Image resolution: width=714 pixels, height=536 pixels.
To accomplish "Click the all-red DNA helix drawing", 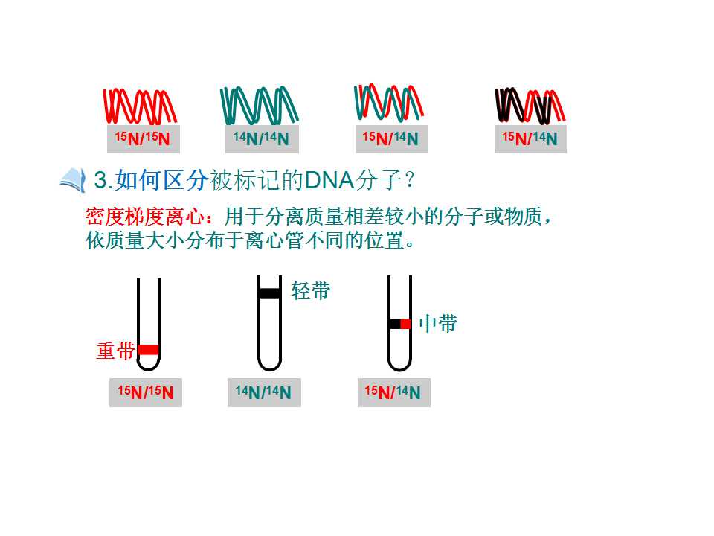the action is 139,106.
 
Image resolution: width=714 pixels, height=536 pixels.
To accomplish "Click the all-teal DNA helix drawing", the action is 260,105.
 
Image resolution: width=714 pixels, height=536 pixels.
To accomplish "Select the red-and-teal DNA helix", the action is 388,103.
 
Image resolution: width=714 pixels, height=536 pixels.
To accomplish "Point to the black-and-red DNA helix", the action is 530,106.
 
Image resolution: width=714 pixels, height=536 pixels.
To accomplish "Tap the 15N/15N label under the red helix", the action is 143,138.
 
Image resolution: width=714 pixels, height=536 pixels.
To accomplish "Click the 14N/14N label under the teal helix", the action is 262,138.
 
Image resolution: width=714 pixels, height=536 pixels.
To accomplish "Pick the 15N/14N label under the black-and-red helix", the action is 530,138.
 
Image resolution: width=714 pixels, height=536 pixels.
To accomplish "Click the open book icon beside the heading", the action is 73,180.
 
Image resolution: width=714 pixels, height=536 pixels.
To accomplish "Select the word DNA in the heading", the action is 329,180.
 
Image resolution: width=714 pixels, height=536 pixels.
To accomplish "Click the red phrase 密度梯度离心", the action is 145,217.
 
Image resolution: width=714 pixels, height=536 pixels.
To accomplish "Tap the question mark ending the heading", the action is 409,180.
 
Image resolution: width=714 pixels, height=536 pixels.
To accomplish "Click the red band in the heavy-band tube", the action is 149,350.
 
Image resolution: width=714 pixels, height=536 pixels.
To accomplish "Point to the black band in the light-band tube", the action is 269,293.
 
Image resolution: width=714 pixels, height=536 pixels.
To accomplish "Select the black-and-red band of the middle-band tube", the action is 400,324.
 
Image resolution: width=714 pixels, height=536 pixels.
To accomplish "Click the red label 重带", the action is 116,351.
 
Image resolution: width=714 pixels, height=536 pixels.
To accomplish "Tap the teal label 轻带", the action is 311,291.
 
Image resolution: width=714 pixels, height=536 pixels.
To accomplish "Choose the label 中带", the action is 438,324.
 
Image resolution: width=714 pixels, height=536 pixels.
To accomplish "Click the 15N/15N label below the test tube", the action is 146,392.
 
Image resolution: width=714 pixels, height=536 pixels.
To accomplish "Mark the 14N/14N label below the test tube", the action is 264,392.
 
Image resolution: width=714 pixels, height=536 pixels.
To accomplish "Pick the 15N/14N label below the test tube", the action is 394,392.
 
